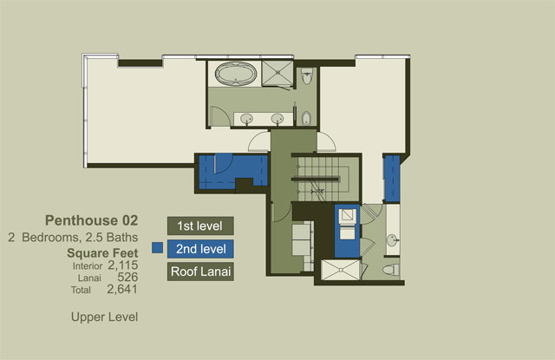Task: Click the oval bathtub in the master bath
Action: pos(236,74)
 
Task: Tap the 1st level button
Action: pos(200,226)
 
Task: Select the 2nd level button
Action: pos(200,249)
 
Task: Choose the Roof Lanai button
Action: pos(200,272)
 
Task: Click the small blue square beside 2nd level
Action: pos(158,248)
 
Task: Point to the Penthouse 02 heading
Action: pos(91,220)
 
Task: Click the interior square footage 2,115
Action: pos(123,265)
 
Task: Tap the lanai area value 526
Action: pos(127,278)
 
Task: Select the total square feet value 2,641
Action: pos(122,289)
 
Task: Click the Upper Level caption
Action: pos(104,317)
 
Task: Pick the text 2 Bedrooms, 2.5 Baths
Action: pos(73,237)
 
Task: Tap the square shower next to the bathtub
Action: pos(277,73)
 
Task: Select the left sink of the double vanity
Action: pos(246,119)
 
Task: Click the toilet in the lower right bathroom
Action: pos(391,270)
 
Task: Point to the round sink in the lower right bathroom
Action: pos(393,240)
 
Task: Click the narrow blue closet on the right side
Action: pos(392,179)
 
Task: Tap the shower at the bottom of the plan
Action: pos(341,270)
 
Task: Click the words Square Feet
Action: pos(102,253)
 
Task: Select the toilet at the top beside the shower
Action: pos(307,76)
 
